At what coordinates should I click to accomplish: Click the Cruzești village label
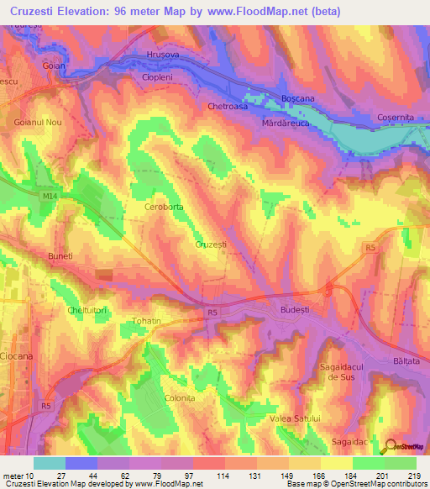tap(211, 244)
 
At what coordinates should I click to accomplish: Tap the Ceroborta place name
tap(164, 206)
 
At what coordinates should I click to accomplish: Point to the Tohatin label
tap(147, 321)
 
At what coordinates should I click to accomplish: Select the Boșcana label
tap(297, 98)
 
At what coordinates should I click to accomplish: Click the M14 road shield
tap(50, 196)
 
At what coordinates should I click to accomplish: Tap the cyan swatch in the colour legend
tap(50, 463)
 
